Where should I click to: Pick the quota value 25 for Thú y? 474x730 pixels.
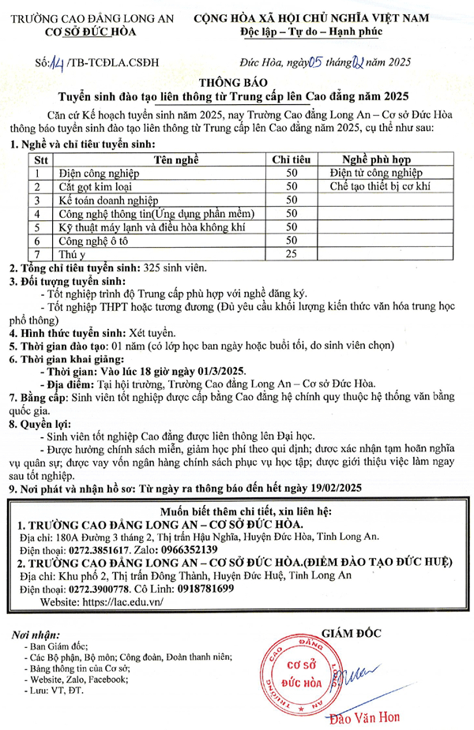point(291,253)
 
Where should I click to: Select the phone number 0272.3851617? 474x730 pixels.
point(99,548)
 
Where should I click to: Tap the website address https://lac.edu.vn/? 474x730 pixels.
point(116,601)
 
